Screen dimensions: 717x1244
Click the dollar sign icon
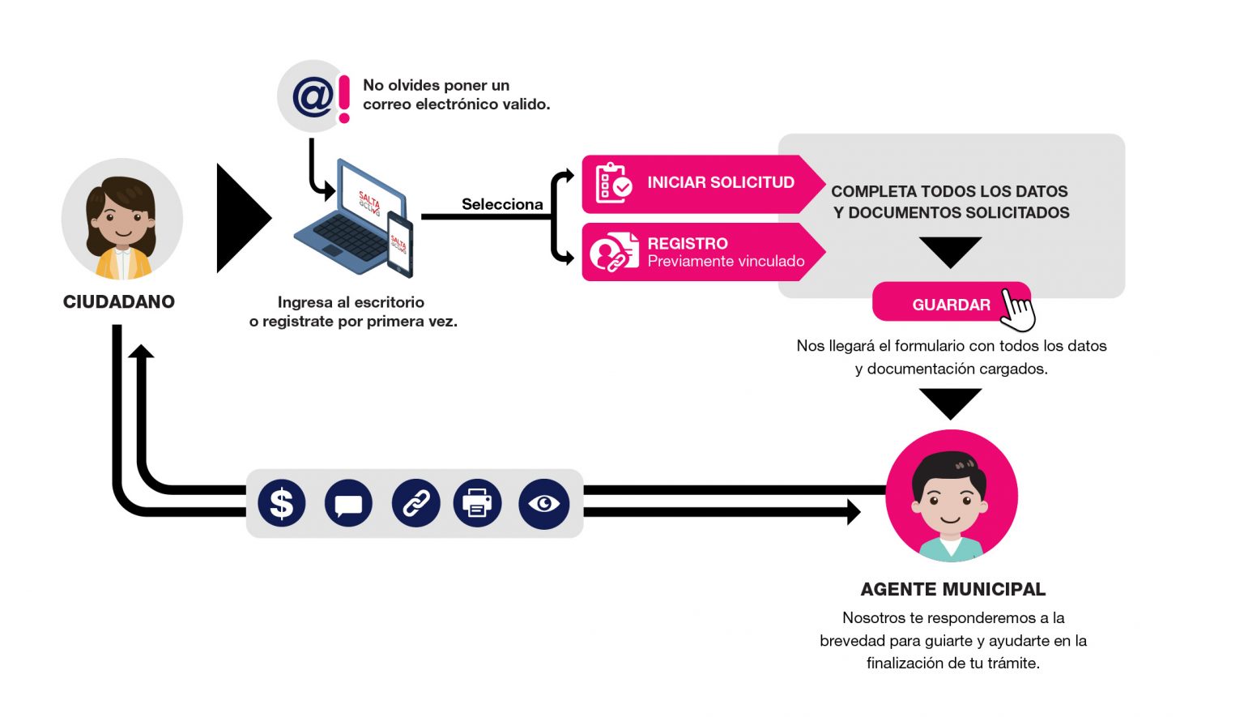281,503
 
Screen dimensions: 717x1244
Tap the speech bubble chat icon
348,504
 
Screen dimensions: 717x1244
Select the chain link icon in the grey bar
415,504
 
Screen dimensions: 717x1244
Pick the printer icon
477,504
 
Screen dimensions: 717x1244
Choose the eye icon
543,504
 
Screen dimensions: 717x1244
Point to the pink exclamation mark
344,99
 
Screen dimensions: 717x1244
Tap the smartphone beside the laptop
400,243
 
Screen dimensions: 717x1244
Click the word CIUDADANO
119,302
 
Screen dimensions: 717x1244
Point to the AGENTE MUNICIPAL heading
952,589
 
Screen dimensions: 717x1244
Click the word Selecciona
502,204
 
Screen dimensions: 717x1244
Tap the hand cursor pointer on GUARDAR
1018,309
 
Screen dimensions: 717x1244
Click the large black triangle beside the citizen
241,218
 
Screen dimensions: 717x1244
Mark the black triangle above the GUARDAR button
950,250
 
